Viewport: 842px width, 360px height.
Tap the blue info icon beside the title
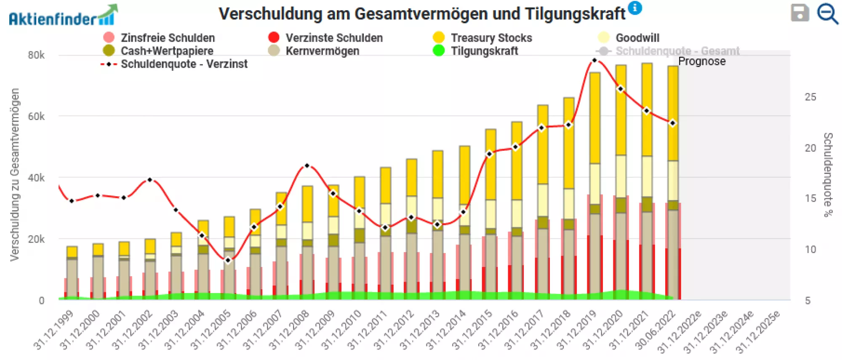(x=635, y=8)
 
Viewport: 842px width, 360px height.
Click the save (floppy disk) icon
(x=799, y=13)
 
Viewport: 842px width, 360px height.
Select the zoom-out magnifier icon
(x=827, y=13)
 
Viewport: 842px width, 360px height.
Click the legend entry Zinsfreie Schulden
(x=167, y=38)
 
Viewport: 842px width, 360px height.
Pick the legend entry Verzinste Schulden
(x=333, y=38)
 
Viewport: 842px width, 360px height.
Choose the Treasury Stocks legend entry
(x=491, y=38)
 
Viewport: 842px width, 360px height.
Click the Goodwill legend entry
(x=637, y=38)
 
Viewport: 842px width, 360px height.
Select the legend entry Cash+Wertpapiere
(x=167, y=51)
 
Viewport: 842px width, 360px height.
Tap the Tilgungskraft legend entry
(x=484, y=51)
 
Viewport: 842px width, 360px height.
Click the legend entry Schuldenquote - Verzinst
(x=184, y=64)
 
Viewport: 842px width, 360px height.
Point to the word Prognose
(x=702, y=61)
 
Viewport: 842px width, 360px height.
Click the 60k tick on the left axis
(x=36, y=116)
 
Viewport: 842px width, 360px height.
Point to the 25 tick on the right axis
(x=810, y=97)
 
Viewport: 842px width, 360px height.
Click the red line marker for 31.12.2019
(x=594, y=60)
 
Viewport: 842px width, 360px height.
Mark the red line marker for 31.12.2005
(x=228, y=260)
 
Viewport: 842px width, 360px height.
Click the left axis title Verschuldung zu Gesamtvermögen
(x=15, y=174)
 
